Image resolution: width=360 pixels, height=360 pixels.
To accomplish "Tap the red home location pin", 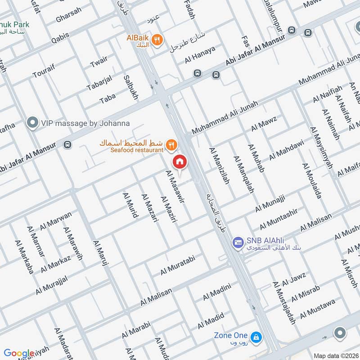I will pyautogui.click(x=180, y=161).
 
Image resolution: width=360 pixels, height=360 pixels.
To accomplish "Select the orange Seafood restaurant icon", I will pyautogui.click(x=171, y=144).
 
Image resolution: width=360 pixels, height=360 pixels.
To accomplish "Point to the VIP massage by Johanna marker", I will pyautogui.click(x=32, y=122).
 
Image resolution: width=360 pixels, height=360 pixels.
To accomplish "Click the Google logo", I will pyautogui.click(x=19, y=353).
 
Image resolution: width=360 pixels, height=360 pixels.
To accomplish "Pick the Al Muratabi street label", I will pyautogui.click(x=180, y=265).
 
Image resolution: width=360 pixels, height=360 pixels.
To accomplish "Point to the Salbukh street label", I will pyautogui.click(x=131, y=87).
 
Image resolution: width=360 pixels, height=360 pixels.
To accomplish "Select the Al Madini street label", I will pyautogui.click(x=216, y=292).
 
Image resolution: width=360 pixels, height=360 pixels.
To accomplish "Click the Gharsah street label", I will pyautogui.click(x=68, y=15).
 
